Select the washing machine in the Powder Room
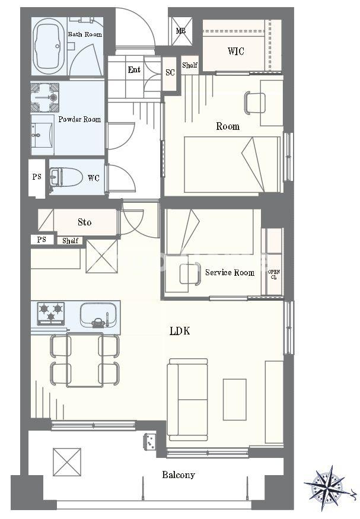(x=44, y=97)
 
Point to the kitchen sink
(x=98, y=314)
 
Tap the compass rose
(x=328, y=483)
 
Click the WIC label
(x=235, y=51)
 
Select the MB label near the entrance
(x=180, y=31)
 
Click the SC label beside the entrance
(x=170, y=72)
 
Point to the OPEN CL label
(x=274, y=275)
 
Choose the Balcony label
(x=179, y=475)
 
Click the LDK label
(x=180, y=331)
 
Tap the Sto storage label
(x=84, y=222)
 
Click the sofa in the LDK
(x=187, y=400)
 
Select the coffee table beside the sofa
(x=235, y=400)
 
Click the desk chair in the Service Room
(x=190, y=273)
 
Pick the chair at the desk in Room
(x=254, y=103)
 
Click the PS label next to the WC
(x=37, y=177)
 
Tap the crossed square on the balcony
(x=67, y=461)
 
